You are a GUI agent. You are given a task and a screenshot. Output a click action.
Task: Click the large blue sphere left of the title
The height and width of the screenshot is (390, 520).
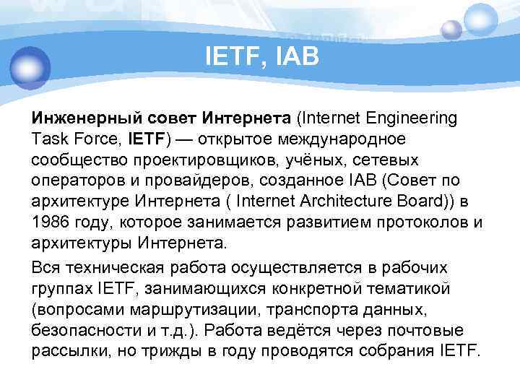point(29,67)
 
